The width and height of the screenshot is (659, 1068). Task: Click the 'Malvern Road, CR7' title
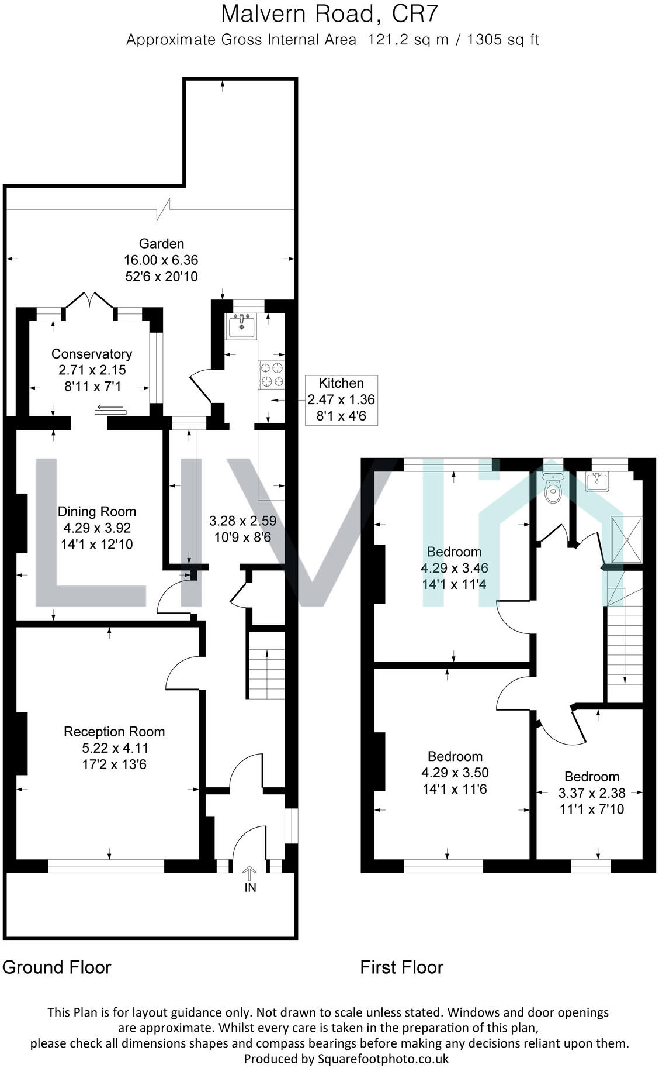tap(329, 14)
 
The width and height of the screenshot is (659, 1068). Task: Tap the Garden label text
tap(161, 244)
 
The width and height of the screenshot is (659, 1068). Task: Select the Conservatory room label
tap(92, 354)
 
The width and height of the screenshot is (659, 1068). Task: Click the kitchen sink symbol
tap(241, 326)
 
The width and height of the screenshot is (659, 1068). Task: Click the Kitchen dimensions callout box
tap(341, 400)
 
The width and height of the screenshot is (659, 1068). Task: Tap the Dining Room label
tap(96, 512)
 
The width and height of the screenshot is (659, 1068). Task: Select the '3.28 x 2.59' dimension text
tap(242, 521)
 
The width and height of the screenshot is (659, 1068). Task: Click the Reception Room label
tap(114, 732)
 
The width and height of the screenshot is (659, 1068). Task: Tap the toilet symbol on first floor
tap(552, 489)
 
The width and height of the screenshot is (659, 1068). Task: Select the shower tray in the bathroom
tap(626, 539)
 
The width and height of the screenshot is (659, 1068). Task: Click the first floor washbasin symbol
tap(598, 481)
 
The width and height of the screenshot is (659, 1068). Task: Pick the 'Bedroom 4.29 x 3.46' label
tap(454, 567)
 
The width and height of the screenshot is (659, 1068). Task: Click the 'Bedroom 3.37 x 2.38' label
tap(591, 793)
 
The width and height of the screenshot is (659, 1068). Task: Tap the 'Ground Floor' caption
tap(57, 967)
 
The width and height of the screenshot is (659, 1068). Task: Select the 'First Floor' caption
tap(401, 967)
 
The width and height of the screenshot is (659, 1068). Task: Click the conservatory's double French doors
tap(89, 300)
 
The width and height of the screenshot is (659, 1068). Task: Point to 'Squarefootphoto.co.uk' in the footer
tap(383, 1058)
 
